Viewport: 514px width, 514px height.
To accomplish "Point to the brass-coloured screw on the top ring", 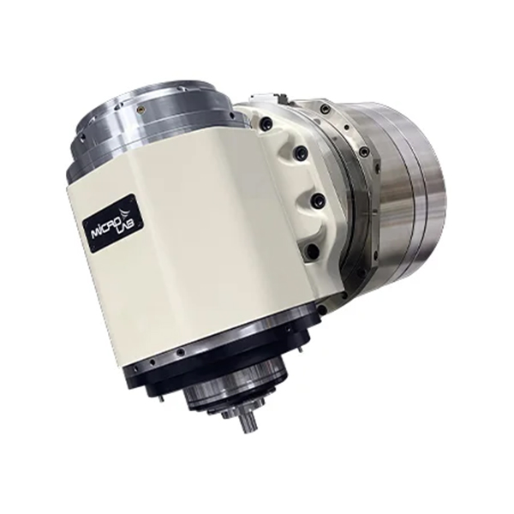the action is click(141, 110).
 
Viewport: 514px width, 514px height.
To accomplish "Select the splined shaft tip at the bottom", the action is click(248, 425).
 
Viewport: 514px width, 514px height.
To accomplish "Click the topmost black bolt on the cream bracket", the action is click(267, 124).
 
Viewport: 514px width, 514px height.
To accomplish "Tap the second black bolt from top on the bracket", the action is click(300, 152).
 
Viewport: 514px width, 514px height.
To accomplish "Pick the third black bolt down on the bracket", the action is click(317, 200).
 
